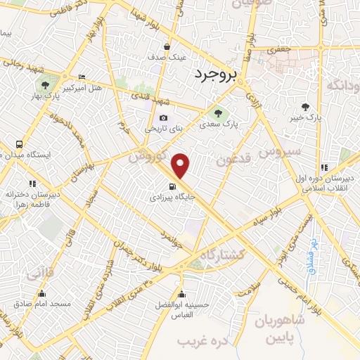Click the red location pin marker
click(x=181, y=165)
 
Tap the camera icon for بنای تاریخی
click(x=163, y=117)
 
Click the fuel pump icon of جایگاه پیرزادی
click(x=172, y=186)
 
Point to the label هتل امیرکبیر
click(x=83, y=89)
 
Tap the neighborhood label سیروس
click(x=279, y=151)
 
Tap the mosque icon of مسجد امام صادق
click(x=41, y=292)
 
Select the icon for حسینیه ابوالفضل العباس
click(x=182, y=293)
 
